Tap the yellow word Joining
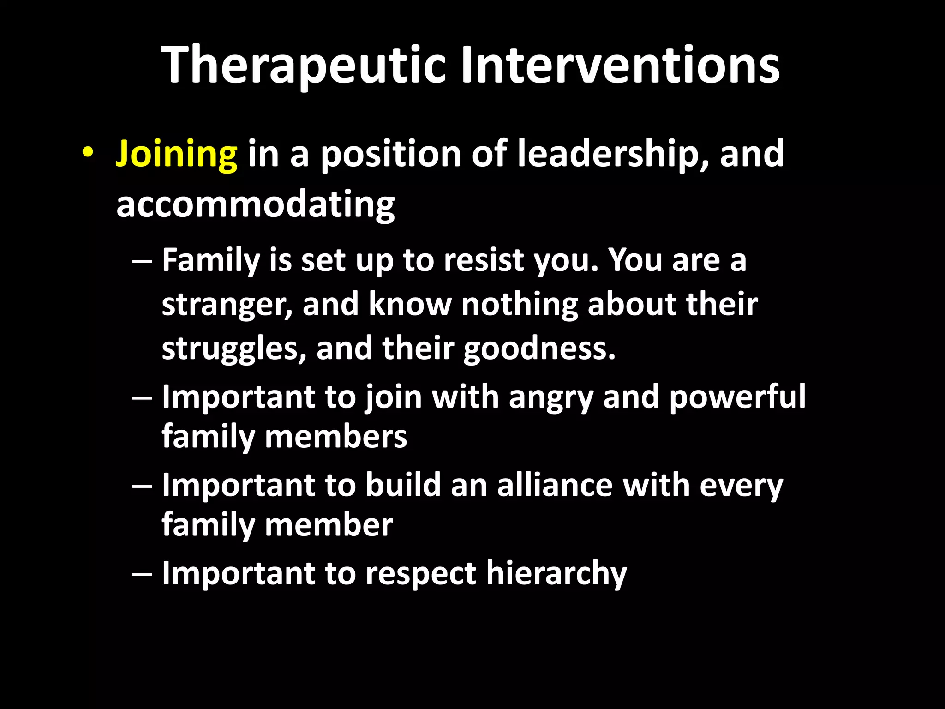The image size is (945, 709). click(x=177, y=154)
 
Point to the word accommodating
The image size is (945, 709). click(x=256, y=204)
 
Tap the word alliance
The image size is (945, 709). click(x=555, y=486)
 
